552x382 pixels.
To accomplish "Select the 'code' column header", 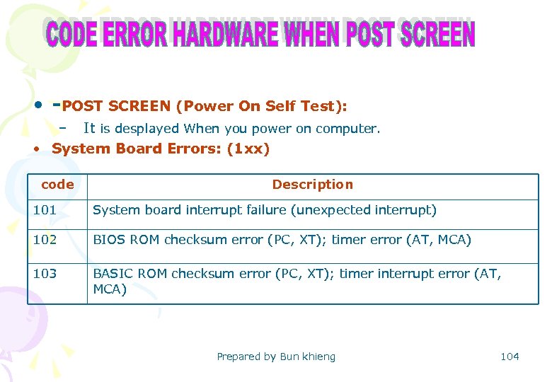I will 57,185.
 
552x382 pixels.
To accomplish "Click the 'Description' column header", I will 312,185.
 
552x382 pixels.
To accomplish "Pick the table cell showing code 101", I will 45,210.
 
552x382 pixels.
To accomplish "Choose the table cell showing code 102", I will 45,240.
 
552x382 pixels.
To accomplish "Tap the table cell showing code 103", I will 45,273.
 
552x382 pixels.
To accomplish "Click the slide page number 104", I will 510,357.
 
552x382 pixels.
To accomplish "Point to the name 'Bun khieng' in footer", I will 308,357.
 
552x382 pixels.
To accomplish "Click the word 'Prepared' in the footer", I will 238,357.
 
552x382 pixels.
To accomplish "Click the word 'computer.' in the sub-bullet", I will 347,129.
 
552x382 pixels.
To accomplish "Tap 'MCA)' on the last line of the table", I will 110,289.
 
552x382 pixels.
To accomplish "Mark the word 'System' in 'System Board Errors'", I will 76,149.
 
